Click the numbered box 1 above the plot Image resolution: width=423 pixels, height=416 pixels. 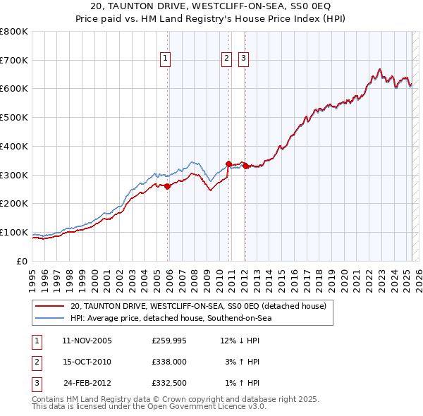point(165,59)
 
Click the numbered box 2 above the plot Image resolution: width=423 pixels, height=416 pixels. point(226,59)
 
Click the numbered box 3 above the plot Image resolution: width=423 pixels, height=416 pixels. point(243,59)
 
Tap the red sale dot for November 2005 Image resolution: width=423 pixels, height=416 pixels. point(168,186)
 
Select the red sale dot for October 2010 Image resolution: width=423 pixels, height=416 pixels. point(228,164)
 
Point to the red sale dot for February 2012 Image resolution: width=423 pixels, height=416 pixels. point(245,166)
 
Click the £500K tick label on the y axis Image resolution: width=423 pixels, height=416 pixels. point(14,118)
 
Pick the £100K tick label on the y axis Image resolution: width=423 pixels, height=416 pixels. point(14,232)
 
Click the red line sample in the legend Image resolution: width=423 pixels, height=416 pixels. point(50,307)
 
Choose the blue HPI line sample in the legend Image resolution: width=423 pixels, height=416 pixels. point(50,319)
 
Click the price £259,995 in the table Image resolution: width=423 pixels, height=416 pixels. point(169,341)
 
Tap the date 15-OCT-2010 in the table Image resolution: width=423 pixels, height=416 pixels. point(87,362)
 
